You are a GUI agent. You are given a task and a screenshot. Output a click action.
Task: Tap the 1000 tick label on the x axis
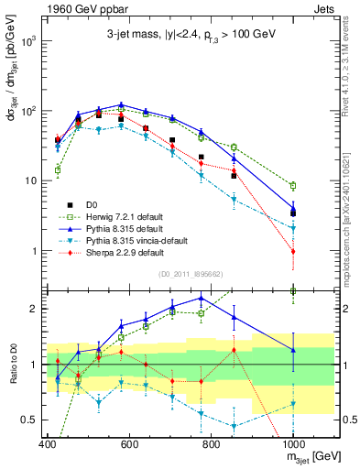[293, 443]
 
